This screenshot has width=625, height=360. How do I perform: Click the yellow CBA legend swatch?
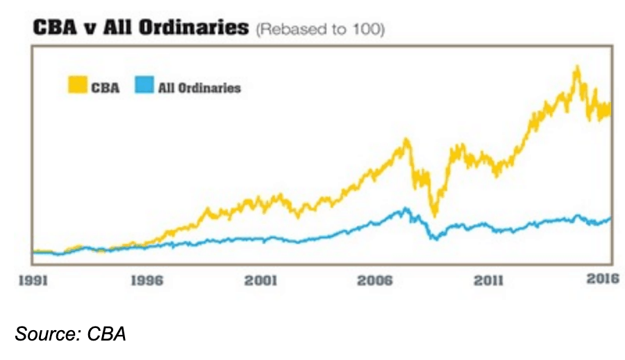point(77,86)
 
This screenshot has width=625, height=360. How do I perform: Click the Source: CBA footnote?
point(70,334)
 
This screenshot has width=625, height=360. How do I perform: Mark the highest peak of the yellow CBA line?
point(576,67)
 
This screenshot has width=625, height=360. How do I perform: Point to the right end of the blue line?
point(610,218)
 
